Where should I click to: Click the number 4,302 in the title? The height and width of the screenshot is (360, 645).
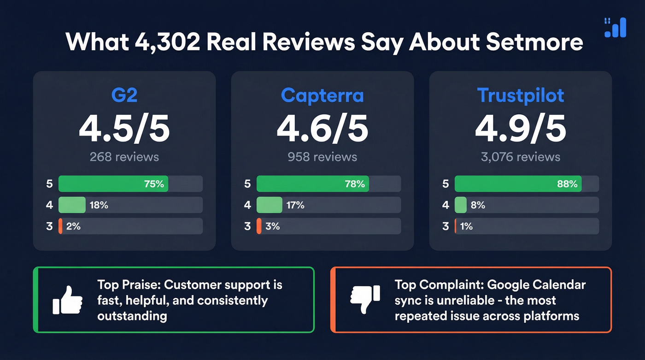pyautogui.click(x=167, y=41)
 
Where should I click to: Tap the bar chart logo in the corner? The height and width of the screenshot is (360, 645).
pyautogui.click(x=615, y=28)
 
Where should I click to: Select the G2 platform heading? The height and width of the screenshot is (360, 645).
pyautogui.click(x=124, y=95)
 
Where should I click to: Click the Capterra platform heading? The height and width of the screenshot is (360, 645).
pyautogui.click(x=322, y=95)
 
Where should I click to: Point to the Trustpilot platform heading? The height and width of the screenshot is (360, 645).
pyautogui.click(x=521, y=95)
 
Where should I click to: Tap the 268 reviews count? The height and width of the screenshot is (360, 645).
pyautogui.click(x=124, y=157)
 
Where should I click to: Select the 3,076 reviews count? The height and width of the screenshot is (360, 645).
pyautogui.click(x=521, y=157)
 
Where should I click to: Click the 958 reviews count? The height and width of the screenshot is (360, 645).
pyautogui.click(x=322, y=157)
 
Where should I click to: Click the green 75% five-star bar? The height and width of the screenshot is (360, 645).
pyautogui.click(x=113, y=184)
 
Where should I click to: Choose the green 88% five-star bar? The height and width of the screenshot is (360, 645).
pyautogui.click(x=518, y=184)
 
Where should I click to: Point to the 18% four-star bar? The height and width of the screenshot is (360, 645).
pyautogui.click(x=72, y=205)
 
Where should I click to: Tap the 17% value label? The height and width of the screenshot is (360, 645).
pyautogui.click(x=295, y=205)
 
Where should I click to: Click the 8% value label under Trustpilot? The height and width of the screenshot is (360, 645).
pyautogui.click(x=478, y=205)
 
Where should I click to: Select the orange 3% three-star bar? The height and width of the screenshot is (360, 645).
pyautogui.click(x=259, y=226)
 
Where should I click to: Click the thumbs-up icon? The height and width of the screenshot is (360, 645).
pyautogui.click(x=67, y=300)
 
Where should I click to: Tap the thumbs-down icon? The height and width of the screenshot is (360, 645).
pyautogui.click(x=365, y=300)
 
